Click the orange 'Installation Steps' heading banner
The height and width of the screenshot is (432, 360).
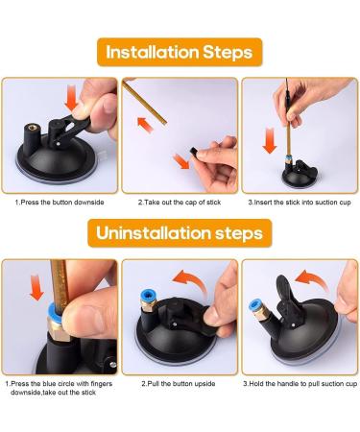coord(180,52)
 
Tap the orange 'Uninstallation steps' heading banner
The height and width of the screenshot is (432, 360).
coord(180,233)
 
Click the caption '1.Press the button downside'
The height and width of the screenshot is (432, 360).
coord(60,203)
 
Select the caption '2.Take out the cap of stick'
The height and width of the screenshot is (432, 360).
coord(180,203)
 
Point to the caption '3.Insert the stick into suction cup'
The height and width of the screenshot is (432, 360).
coord(300,203)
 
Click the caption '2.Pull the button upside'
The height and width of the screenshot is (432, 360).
coord(179,383)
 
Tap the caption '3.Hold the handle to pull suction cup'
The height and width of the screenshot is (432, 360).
coord(300,383)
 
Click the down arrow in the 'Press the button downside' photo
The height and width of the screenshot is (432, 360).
coord(71,99)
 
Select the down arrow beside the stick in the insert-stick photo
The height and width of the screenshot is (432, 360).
coord(270,140)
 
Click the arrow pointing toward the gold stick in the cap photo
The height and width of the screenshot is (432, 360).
coord(145,125)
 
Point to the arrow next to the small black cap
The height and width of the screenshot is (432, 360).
coord(181,161)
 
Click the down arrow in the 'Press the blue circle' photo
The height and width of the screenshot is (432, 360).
coord(36,287)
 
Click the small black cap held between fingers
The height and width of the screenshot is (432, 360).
coord(193,151)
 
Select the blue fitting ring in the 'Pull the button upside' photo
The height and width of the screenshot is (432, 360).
coord(148,297)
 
